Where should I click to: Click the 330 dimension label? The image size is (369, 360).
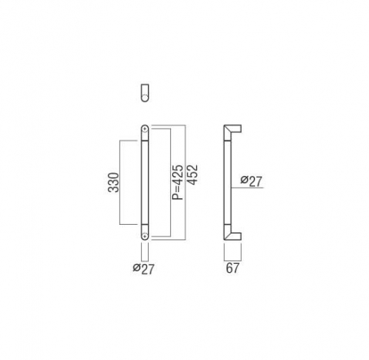click(114, 183)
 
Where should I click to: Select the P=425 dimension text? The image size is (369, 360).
click(177, 182)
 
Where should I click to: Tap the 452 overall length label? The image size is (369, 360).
click(192, 174)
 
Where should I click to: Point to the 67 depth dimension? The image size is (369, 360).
click(232, 268)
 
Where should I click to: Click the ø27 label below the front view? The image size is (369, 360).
click(143, 268)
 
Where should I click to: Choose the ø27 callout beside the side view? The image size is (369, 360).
click(251, 181)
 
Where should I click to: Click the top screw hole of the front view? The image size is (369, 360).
click(145, 129)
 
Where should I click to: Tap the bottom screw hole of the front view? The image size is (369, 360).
click(145, 235)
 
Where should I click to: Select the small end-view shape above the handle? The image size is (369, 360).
click(145, 93)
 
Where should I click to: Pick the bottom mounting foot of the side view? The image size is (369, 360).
click(233, 234)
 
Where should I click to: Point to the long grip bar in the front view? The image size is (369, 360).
click(145, 183)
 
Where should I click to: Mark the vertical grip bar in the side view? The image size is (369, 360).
click(228, 183)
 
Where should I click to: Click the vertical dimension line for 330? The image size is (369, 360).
click(120, 183)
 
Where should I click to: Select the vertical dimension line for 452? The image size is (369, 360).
click(185, 183)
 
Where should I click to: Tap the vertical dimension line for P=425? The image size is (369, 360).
click(171, 183)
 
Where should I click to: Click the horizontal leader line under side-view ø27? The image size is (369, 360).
click(247, 188)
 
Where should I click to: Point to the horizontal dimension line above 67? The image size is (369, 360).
click(233, 260)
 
